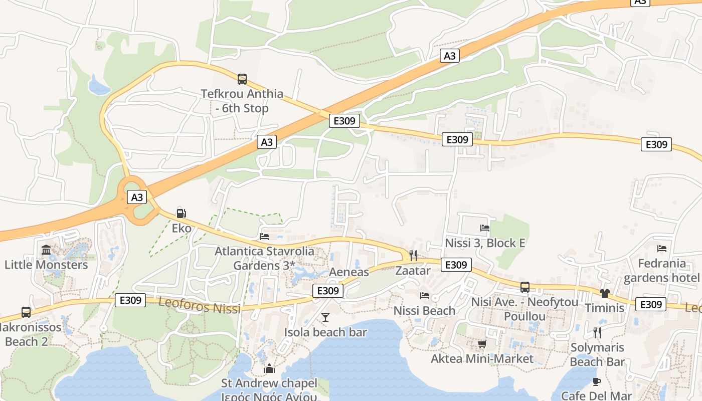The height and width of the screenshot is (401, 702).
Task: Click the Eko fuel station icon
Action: pos(182,214)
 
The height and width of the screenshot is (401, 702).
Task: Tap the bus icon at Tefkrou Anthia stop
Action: pos(242,79)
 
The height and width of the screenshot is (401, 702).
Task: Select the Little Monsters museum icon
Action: pos(46,250)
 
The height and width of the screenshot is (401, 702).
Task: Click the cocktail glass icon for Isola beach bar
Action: pos(325,317)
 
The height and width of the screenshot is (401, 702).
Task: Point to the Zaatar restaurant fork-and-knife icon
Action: pos(413,256)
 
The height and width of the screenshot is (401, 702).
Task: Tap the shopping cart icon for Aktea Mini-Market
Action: pos(482,344)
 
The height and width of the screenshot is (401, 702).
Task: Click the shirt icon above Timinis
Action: pos(604,293)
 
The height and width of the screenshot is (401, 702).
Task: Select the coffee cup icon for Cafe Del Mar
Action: pos(596,381)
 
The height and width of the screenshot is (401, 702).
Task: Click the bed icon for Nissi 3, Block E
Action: pos(485,228)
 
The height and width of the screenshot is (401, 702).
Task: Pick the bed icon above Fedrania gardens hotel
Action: pos(662,248)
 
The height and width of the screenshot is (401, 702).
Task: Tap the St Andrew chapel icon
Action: pos(269,369)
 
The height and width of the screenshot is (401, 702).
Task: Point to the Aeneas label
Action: pos(349,272)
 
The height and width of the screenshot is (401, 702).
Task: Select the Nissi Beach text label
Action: pos(424,311)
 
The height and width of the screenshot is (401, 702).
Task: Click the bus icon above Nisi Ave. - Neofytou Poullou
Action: pos(525,287)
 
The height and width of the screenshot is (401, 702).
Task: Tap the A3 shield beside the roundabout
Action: pos(137,197)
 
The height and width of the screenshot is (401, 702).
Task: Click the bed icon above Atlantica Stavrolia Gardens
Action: pos(264,236)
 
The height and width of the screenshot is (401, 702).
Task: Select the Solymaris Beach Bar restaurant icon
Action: pos(597,332)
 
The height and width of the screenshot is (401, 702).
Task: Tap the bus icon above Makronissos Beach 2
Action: pos(26,312)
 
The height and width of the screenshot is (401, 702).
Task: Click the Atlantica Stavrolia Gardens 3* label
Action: pos(265,258)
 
